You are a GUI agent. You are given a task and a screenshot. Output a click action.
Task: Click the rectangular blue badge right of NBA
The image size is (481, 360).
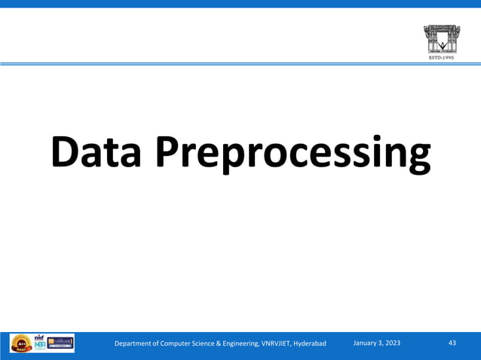coord(60,343)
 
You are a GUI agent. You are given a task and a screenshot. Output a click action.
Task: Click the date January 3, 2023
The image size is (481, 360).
coord(377,343)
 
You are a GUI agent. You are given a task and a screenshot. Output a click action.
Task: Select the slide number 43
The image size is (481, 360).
coord(452,343)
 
